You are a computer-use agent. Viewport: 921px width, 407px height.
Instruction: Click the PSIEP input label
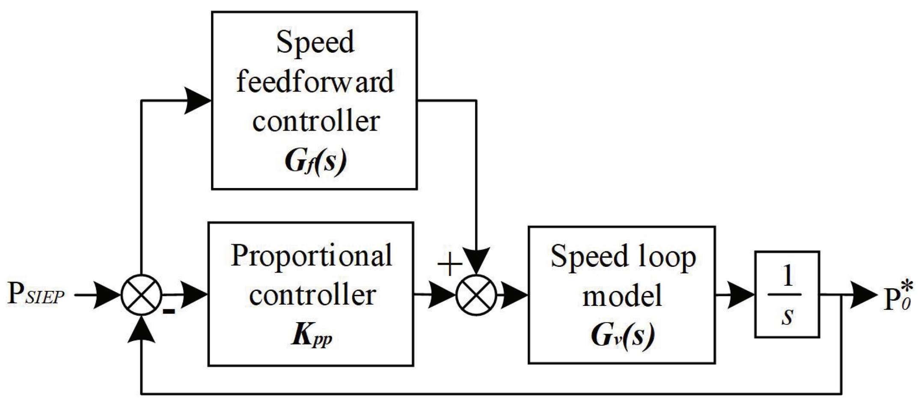pos(36,295)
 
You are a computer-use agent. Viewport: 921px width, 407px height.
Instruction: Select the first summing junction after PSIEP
pos(142,295)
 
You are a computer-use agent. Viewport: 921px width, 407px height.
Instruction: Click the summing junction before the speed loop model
pos(476,295)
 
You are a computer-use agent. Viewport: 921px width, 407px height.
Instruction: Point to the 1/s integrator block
pos(787,295)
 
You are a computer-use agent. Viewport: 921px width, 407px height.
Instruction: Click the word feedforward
pos(315,81)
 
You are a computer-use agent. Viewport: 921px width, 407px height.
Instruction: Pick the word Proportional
pos(311,256)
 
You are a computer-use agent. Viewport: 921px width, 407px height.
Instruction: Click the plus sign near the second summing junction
pos(449,265)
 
